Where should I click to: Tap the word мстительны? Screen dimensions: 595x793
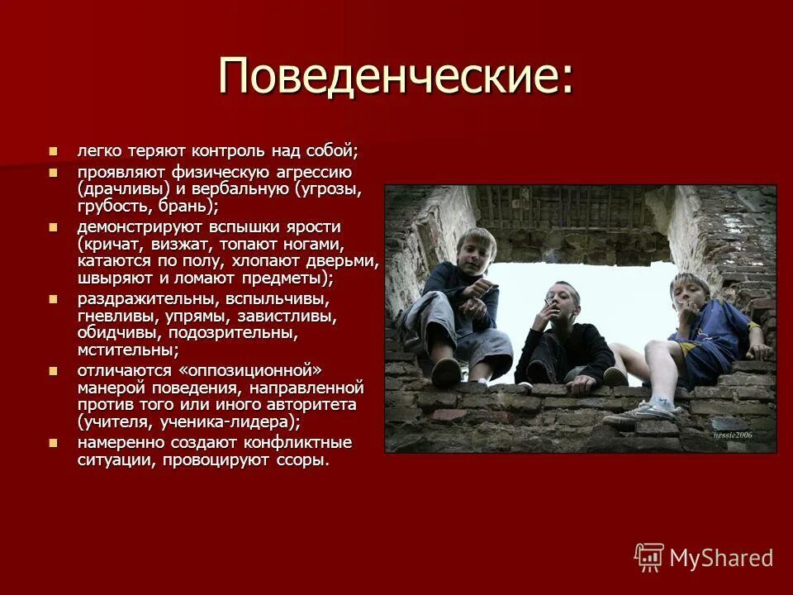pos(124,350)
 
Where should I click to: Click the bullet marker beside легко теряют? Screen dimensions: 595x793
pos(55,152)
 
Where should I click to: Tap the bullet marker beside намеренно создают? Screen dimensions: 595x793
pos(55,443)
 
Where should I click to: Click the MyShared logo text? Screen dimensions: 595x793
pos(721,558)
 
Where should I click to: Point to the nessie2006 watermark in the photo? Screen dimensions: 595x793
pos(733,436)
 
